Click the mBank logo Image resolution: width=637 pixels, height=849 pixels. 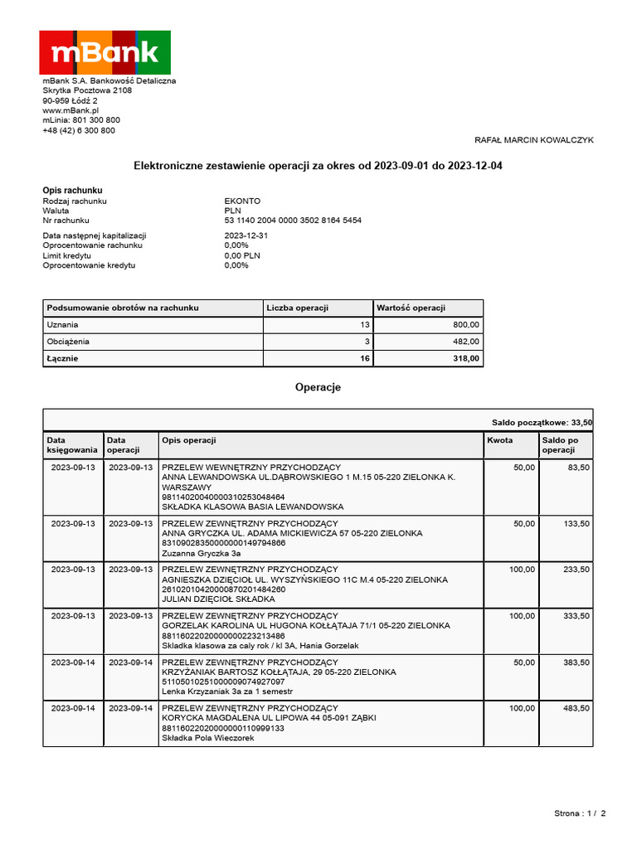point(105,52)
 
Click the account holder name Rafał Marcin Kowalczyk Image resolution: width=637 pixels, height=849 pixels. point(533,140)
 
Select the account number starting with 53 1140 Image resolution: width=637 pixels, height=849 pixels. point(293,221)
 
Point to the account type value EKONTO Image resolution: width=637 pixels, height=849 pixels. point(242,201)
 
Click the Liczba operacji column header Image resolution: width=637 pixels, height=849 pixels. point(297,308)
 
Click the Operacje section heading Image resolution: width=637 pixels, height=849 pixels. point(318,387)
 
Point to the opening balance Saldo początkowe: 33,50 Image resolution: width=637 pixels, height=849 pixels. point(542,423)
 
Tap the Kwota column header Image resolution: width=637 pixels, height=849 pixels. point(499,440)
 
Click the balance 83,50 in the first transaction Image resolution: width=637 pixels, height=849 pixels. point(578,468)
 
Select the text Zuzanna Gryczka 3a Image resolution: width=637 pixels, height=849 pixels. point(202,553)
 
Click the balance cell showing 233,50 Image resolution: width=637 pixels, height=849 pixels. point(576,570)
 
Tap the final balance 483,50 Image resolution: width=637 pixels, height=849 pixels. point(576,709)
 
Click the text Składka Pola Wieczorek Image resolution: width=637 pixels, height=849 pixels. point(207,738)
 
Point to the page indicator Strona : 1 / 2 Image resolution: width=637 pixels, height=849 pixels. point(580,813)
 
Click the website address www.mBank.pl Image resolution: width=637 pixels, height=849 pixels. point(71,110)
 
